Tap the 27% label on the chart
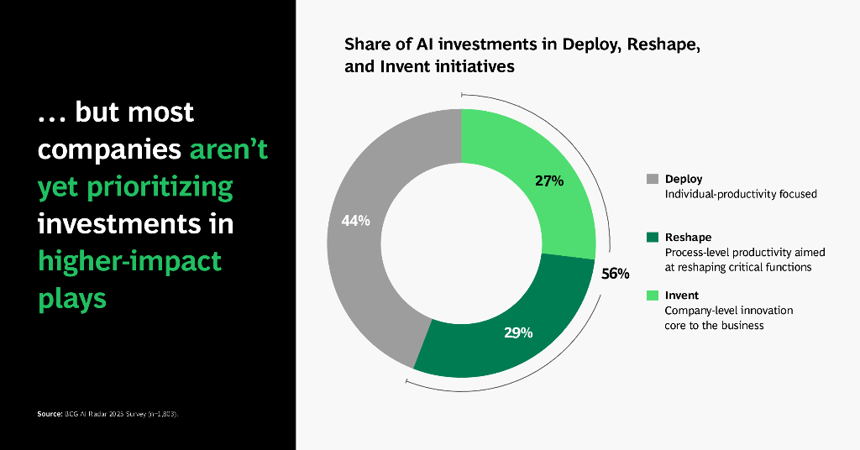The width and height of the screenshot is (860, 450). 549,181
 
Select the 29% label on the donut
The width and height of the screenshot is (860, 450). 518,332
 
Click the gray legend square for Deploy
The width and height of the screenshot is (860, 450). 653,179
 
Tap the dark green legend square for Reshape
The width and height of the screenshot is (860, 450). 653,238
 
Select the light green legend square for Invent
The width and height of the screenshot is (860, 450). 653,296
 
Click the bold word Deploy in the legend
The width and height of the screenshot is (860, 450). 684,179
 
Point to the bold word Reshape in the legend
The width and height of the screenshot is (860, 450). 688,238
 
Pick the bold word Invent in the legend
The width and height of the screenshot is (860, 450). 682,296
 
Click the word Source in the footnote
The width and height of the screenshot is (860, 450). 50,414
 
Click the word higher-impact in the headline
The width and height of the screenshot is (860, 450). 130,260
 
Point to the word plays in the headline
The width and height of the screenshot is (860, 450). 72,298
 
